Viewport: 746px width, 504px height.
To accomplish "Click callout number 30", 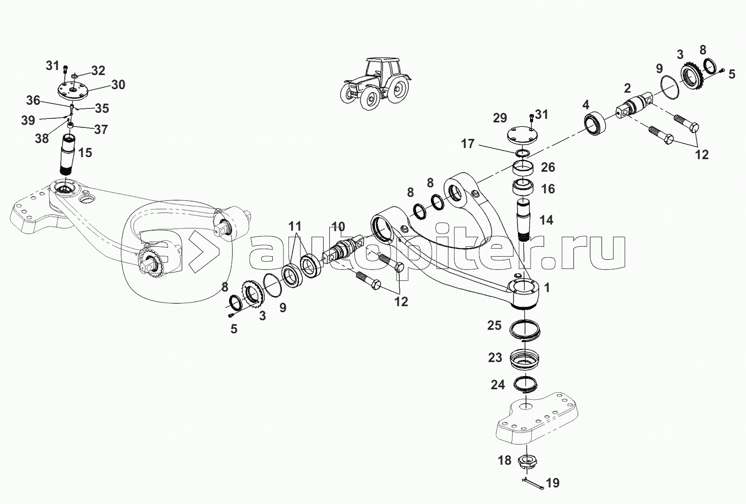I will [118, 85].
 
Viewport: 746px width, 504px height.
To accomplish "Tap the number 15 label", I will [86, 153].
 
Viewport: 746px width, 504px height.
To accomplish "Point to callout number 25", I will [494, 325].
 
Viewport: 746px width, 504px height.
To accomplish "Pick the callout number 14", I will [546, 220].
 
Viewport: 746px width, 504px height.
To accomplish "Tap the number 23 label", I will [495, 357].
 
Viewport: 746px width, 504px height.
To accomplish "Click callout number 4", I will [585, 105].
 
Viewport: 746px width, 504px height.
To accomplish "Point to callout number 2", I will [627, 89].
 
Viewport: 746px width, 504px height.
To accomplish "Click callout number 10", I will [338, 226].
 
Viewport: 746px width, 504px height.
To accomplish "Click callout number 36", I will [33, 100].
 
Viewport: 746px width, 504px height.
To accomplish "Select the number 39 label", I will [28, 120].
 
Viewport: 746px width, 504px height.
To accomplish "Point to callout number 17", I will [468, 144].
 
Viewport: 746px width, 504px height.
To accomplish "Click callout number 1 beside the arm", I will [547, 288].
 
